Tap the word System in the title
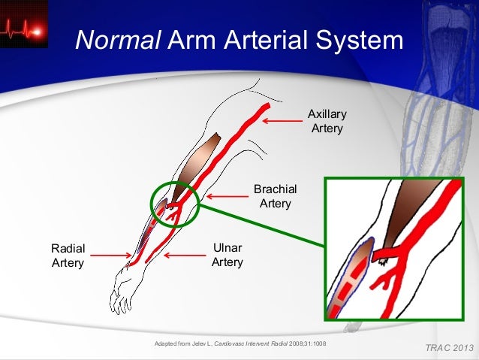(357, 42)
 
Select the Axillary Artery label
(327, 121)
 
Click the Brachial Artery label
(276, 196)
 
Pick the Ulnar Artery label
(227, 255)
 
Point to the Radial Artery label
(68, 256)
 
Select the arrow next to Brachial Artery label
(227, 196)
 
